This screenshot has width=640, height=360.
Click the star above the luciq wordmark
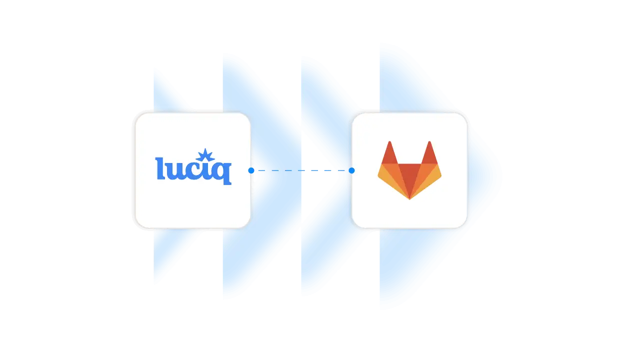[x=205, y=155]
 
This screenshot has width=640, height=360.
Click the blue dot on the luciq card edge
[x=251, y=170]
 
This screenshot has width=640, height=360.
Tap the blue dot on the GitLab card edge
[x=351, y=170]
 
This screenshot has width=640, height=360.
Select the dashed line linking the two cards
[x=300, y=170]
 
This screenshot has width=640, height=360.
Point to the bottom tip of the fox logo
[x=409, y=198]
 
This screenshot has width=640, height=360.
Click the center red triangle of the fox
[x=409, y=177]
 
